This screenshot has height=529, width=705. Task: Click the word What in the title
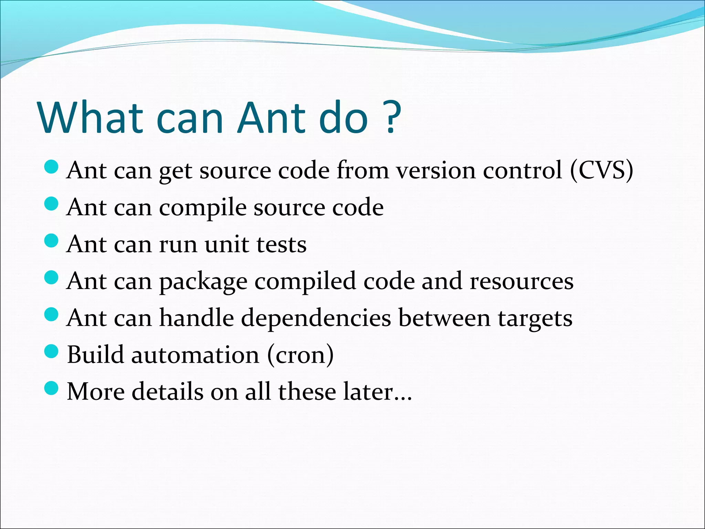[x=90, y=118]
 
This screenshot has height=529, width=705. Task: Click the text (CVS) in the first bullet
[x=601, y=170]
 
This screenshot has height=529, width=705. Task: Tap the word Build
[x=95, y=355]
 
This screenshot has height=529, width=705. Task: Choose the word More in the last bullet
[x=96, y=392]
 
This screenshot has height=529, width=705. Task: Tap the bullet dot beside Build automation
[x=52, y=351]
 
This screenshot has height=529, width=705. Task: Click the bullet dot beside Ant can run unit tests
[x=52, y=240]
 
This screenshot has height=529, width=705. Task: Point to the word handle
[x=197, y=318]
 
